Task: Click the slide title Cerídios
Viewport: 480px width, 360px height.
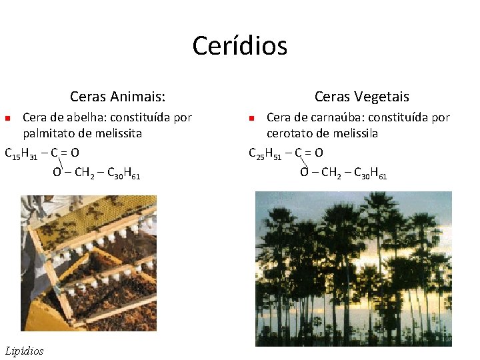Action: click(x=239, y=46)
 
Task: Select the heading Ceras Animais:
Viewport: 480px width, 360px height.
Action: click(x=118, y=97)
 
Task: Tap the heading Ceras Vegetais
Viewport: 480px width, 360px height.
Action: click(x=362, y=97)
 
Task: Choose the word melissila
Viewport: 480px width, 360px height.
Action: click(x=357, y=133)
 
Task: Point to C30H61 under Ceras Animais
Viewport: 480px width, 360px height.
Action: click(x=123, y=174)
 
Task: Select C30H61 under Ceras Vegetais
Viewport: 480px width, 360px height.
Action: click(x=370, y=174)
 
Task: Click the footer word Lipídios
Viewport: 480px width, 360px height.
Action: click(x=24, y=351)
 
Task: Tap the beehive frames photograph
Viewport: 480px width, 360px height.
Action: click(x=89, y=263)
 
